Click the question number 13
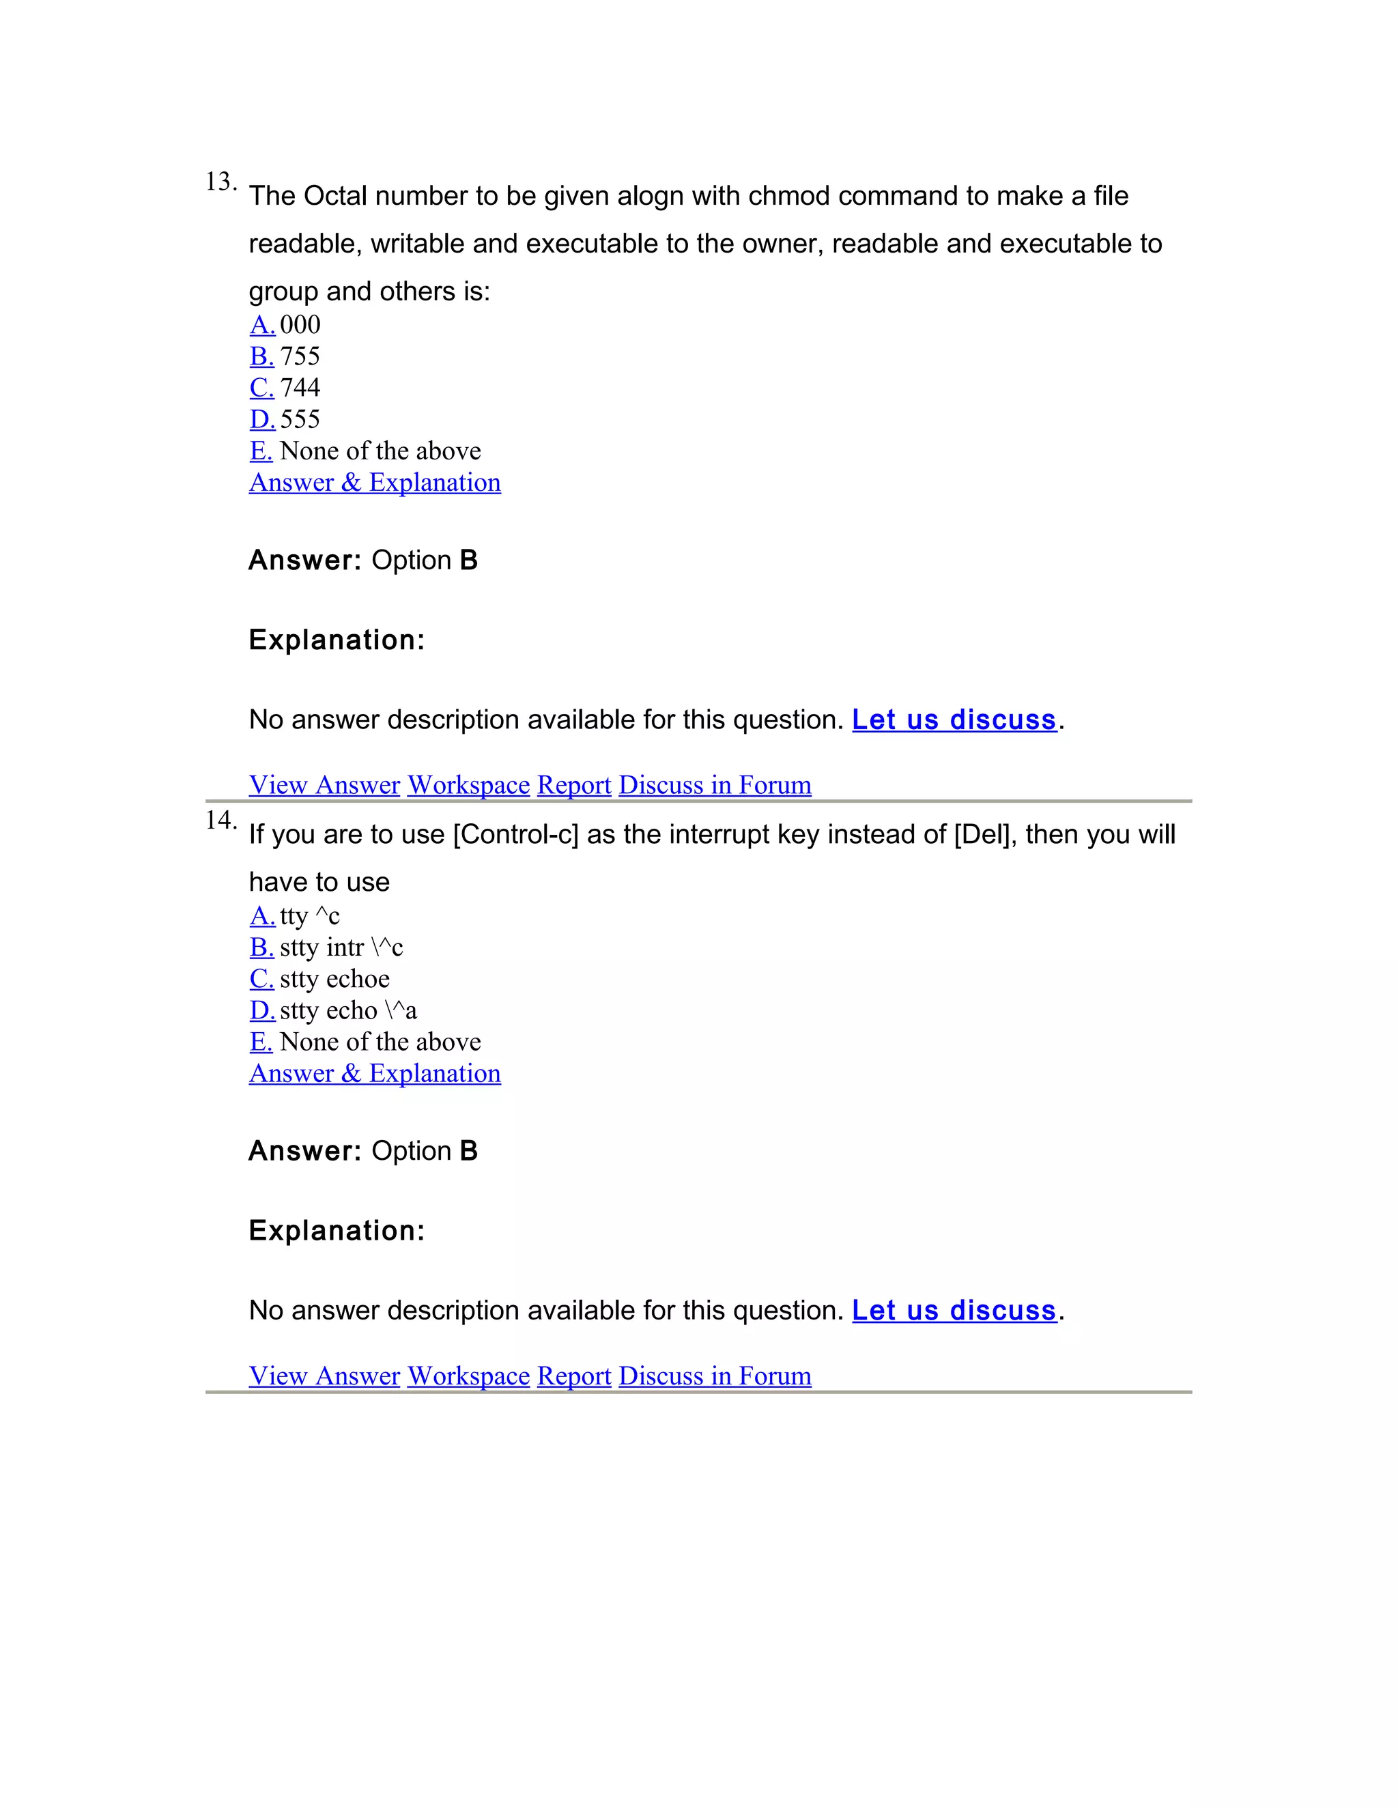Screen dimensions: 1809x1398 pyautogui.click(x=220, y=182)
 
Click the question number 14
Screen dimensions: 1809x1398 pyautogui.click(x=220, y=821)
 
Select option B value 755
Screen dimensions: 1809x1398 pyautogui.click(x=299, y=356)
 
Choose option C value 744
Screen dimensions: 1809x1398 pyautogui.click(x=299, y=388)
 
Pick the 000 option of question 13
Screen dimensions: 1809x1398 pyautogui.click(x=299, y=325)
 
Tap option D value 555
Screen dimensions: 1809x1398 pyautogui.click(x=299, y=419)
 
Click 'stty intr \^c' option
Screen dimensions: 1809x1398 pyautogui.click(x=341, y=947)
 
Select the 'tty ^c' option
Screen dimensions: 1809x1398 pyautogui.click(x=309, y=915)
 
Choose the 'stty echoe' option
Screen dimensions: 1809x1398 pyautogui.click(x=334, y=978)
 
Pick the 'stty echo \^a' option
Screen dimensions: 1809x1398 pyautogui.click(x=348, y=1010)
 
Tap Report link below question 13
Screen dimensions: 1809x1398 pyautogui.click(x=574, y=784)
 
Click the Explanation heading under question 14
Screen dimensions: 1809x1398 pyautogui.click(x=337, y=1231)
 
